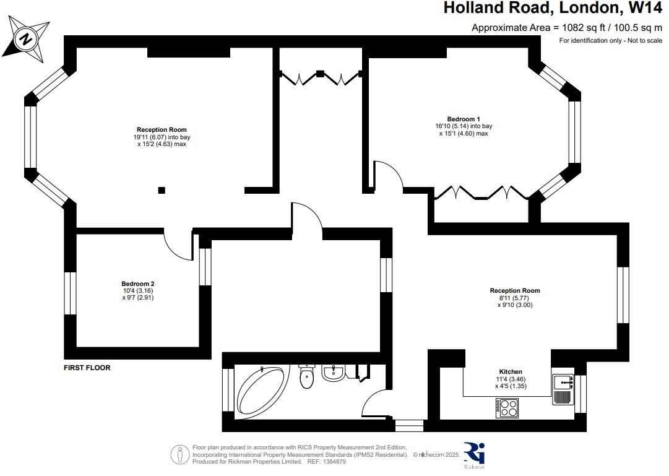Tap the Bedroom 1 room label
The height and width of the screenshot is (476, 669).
[464, 119]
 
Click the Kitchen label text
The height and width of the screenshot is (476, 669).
[511, 371]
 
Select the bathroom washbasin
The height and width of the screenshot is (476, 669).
[333, 372]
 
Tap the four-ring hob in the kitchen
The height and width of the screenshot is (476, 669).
[507, 407]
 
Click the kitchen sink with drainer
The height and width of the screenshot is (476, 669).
[564, 389]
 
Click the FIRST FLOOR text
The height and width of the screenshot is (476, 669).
[87, 368]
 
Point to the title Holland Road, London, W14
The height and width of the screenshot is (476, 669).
[553, 9]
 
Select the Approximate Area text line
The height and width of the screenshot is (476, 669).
[566, 27]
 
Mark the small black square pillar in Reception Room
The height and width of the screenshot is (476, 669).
[162, 190]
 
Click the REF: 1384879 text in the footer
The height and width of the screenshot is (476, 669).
[322, 462]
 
